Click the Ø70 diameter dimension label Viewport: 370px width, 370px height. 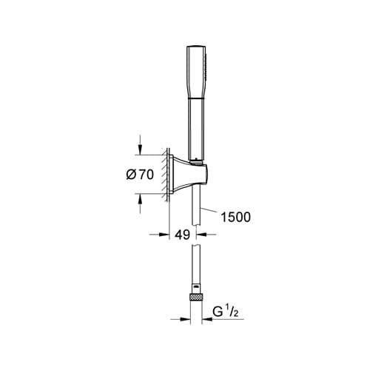click(140, 175)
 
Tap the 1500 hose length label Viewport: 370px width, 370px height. click(235, 217)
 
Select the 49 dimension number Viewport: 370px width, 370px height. click(183, 235)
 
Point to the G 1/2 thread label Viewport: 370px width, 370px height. click(225, 312)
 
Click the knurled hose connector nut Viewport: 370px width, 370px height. click(196, 296)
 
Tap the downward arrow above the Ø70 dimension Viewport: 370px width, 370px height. click(140, 145)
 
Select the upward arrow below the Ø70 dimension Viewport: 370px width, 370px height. click(140, 203)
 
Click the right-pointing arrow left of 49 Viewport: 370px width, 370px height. click(159, 235)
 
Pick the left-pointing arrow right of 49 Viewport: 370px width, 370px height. click(206, 235)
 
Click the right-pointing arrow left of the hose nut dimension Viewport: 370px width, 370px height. click(181, 319)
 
